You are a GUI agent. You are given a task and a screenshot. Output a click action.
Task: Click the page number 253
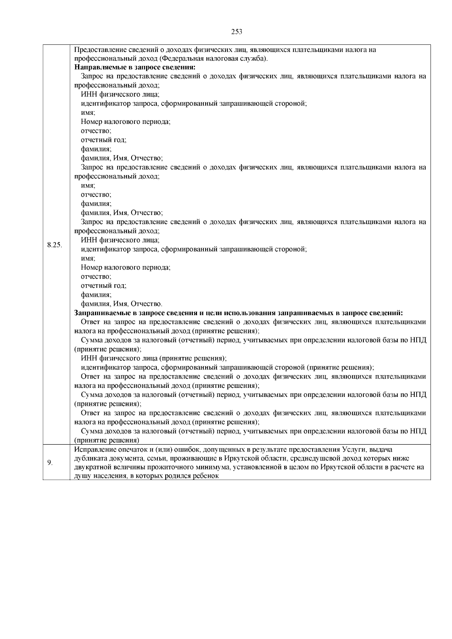pos(237,32)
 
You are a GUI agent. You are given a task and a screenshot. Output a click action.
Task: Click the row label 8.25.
pos(55,245)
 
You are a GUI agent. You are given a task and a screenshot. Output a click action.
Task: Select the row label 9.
pos(50,463)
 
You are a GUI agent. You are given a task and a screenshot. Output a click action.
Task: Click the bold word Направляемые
pos(96,67)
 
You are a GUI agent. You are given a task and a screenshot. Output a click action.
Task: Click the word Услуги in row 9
pos(354,449)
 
